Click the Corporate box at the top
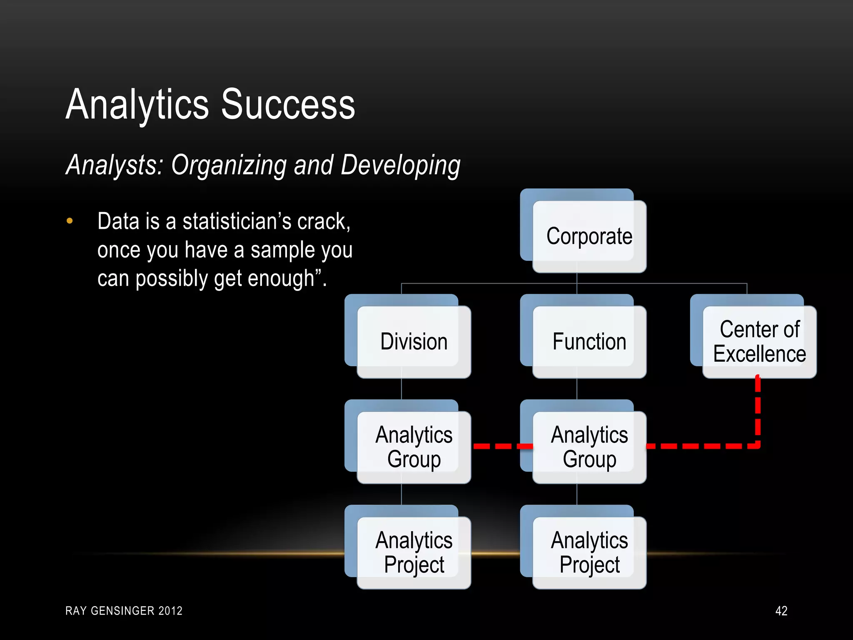point(589,236)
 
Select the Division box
point(414,342)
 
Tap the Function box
point(589,342)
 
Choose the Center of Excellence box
point(759,342)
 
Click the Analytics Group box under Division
point(414,447)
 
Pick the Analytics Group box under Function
point(589,447)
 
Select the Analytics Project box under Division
point(414,552)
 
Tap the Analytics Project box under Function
point(589,552)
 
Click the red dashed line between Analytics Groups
point(502,446)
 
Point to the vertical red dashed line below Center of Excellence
point(758,410)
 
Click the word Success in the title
point(288,105)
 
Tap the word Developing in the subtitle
point(400,165)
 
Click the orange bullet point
point(70,221)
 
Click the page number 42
point(781,611)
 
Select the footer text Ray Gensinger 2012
point(124,611)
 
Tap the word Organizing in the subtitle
point(229,165)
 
